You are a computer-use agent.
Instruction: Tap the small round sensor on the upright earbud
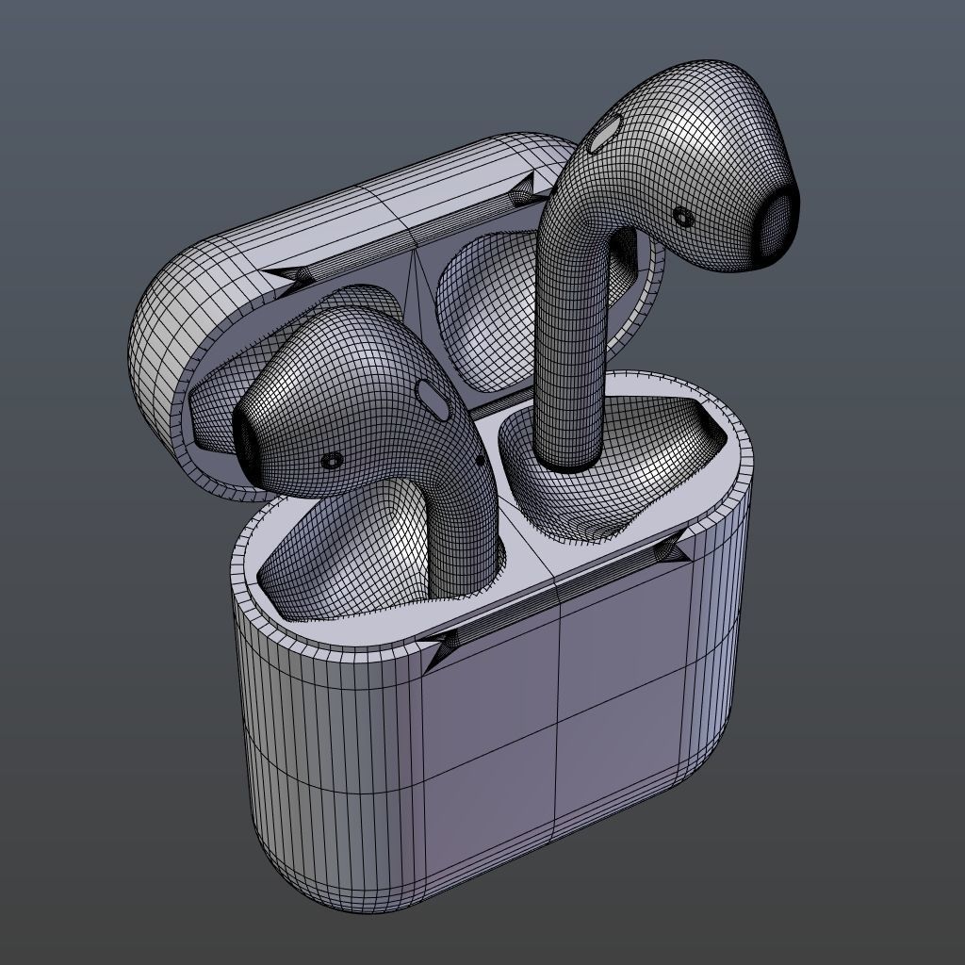coord(683,217)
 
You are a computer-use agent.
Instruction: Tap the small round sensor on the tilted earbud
coord(332,460)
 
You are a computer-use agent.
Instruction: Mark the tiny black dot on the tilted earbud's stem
coord(481,460)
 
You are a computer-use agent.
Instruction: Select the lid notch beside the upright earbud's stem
coord(525,195)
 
